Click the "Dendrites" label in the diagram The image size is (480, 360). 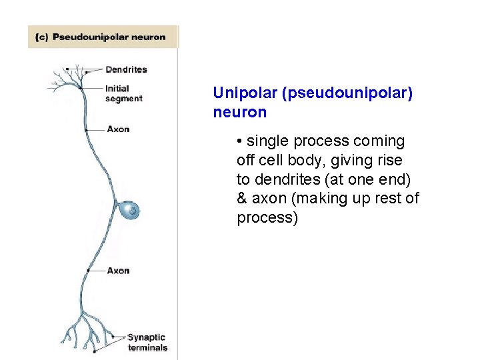pos(126,69)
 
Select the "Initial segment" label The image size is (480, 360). pos(123,93)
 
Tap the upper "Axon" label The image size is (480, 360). pos(118,129)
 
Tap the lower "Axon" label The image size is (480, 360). pos(118,271)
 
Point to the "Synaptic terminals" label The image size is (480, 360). pos(147,342)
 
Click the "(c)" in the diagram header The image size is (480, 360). pos(42,37)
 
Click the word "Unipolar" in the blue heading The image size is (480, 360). pos(245,93)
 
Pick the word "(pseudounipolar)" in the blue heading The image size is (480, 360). pos(347,93)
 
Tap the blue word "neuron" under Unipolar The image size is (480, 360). pos(239,113)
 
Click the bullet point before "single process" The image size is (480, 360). pos(239,141)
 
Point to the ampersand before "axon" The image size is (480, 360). pos(241,199)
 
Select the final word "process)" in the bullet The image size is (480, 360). pos(267,218)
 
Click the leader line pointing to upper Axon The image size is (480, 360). pos(97,129)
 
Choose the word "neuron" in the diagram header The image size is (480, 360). pos(149,37)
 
